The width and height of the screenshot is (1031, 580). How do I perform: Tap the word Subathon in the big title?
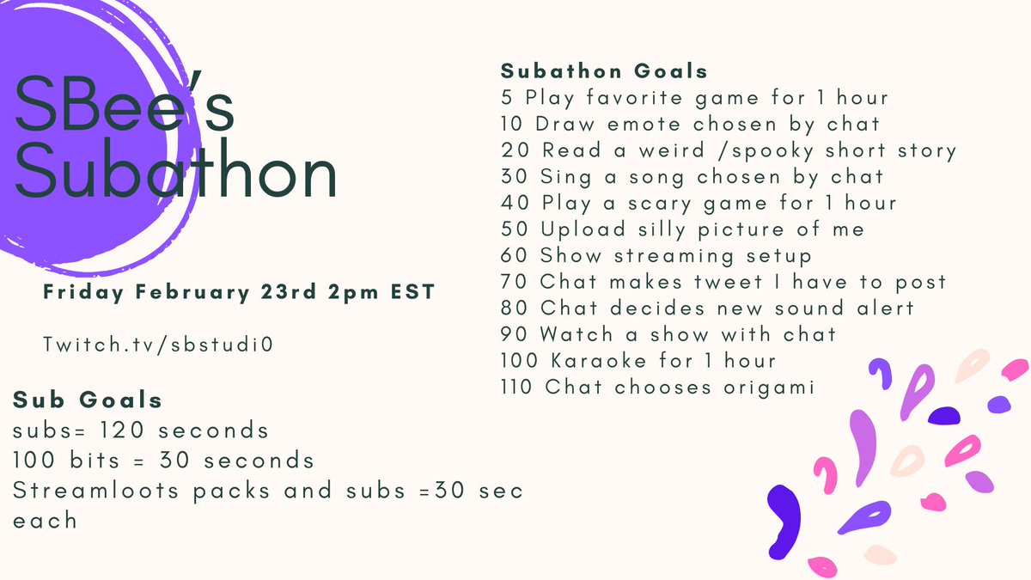click(175, 175)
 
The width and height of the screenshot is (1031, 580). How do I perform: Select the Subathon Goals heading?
click(604, 70)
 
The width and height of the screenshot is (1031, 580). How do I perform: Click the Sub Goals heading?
click(87, 400)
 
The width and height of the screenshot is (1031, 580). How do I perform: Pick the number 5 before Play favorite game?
click(507, 97)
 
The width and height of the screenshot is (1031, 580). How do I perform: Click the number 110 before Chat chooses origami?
click(516, 387)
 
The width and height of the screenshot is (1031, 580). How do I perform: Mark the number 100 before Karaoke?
click(516, 361)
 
